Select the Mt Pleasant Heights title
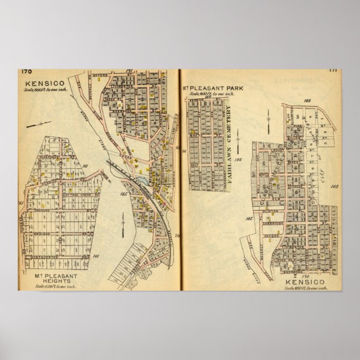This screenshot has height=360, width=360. click(x=61, y=275)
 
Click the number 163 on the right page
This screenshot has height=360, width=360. click(x=307, y=101)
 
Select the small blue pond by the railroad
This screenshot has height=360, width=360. click(x=145, y=182)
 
